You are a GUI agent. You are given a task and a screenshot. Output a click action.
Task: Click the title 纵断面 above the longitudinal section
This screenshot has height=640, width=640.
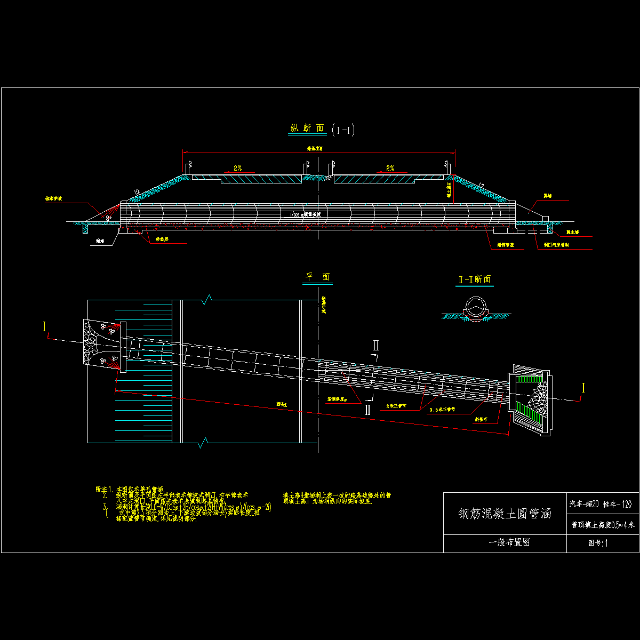307,129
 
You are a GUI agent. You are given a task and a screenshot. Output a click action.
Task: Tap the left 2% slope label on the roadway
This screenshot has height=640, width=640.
237,168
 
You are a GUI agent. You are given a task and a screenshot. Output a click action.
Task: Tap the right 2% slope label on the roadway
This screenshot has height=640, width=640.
390,168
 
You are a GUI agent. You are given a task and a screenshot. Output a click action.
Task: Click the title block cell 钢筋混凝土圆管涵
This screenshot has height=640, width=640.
505,514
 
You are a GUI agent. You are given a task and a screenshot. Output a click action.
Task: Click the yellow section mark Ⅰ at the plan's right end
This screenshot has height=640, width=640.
583,388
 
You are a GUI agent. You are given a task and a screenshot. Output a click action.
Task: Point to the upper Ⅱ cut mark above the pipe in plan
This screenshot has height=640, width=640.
375,345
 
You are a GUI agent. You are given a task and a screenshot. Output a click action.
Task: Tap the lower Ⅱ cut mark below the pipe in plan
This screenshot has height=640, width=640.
367,410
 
